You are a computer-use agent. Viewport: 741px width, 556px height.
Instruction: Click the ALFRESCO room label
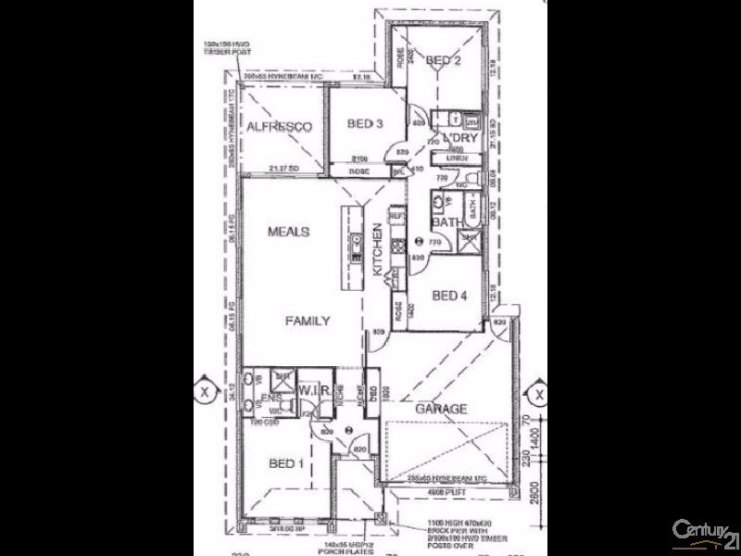pos(278,127)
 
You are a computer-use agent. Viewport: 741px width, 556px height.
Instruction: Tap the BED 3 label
pos(365,124)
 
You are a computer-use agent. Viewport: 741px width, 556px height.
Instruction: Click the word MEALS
pos(288,232)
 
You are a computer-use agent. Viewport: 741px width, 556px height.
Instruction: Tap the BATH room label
pos(446,222)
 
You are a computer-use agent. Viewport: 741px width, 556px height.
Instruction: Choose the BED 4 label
pos(450,296)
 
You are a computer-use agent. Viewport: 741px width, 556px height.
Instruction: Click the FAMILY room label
pos(307,321)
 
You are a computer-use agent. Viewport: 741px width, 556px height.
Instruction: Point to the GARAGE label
pos(440,409)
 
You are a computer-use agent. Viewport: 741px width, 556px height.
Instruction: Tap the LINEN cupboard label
pos(456,158)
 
